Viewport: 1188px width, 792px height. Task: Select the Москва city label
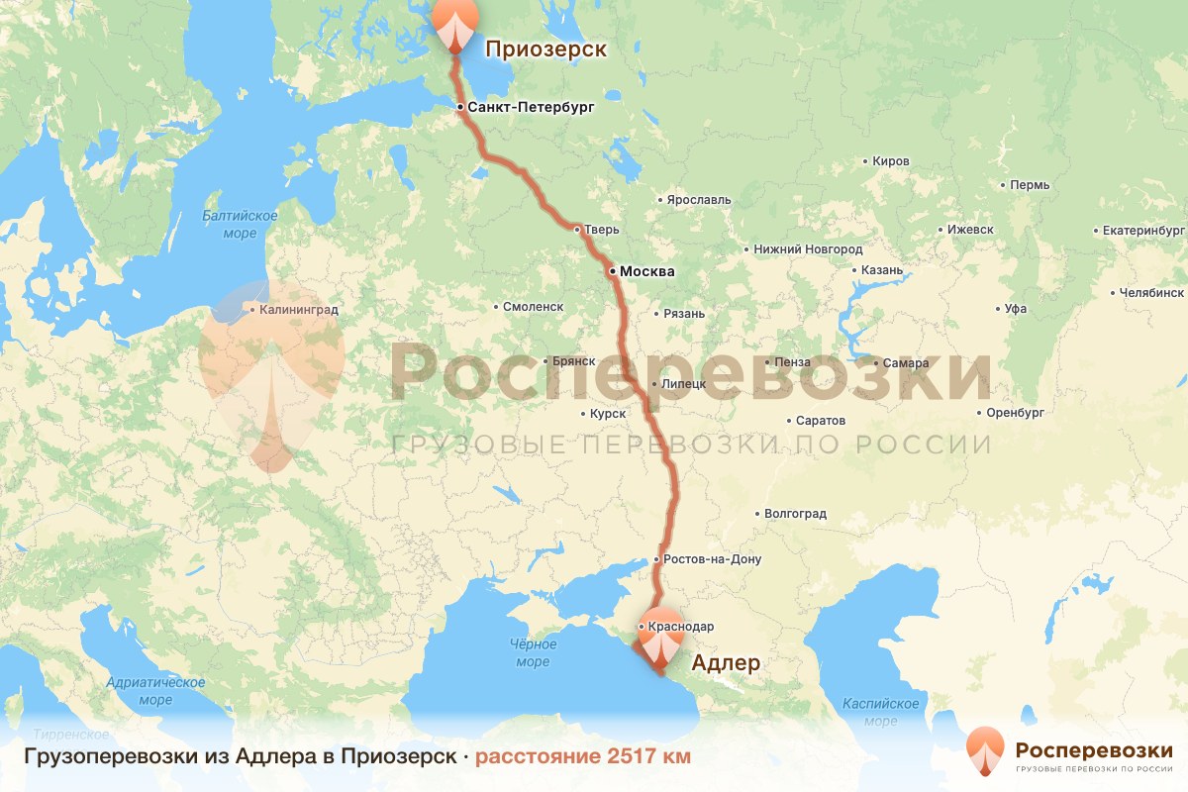click(646, 271)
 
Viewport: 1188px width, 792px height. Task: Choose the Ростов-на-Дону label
click(713, 559)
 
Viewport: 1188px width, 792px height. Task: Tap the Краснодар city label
click(683, 627)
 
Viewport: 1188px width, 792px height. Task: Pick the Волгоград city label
click(795, 514)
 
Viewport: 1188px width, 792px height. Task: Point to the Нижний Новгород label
click(808, 250)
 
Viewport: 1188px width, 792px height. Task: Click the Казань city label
click(882, 270)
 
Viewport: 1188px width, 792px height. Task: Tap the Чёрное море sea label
click(533, 653)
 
